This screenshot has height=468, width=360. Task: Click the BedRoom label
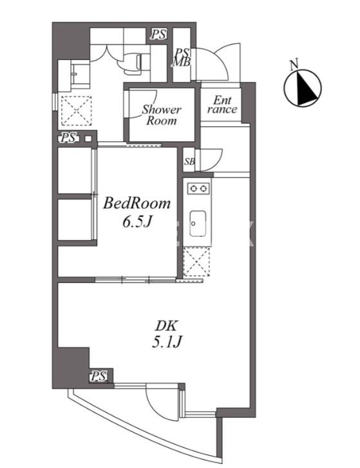(x=137, y=204)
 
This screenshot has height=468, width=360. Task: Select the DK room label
(x=166, y=326)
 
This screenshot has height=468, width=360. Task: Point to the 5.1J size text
(x=167, y=342)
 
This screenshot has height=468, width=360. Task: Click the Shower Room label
(x=162, y=115)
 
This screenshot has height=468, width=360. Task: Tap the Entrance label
(x=222, y=104)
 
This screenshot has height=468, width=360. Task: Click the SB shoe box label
(x=189, y=161)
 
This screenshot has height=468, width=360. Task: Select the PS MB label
(x=182, y=57)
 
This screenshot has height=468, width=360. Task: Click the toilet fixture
(x=133, y=63)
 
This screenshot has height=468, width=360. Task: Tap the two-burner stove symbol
(x=198, y=189)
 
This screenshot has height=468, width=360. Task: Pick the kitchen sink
(x=198, y=224)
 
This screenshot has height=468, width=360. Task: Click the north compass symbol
(x=303, y=88)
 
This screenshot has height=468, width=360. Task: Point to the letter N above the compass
(x=294, y=64)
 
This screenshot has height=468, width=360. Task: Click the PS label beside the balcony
(x=99, y=376)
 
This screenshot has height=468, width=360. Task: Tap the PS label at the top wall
(x=158, y=34)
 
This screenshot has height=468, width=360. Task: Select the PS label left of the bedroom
(x=68, y=138)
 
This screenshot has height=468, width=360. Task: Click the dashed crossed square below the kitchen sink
(x=196, y=262)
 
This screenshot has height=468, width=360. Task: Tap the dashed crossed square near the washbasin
(x=76, y=110)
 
